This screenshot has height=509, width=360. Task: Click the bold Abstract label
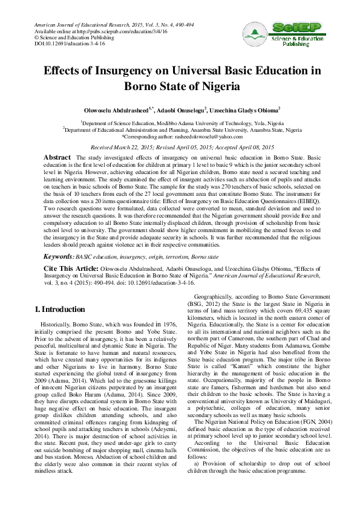(57, 157)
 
